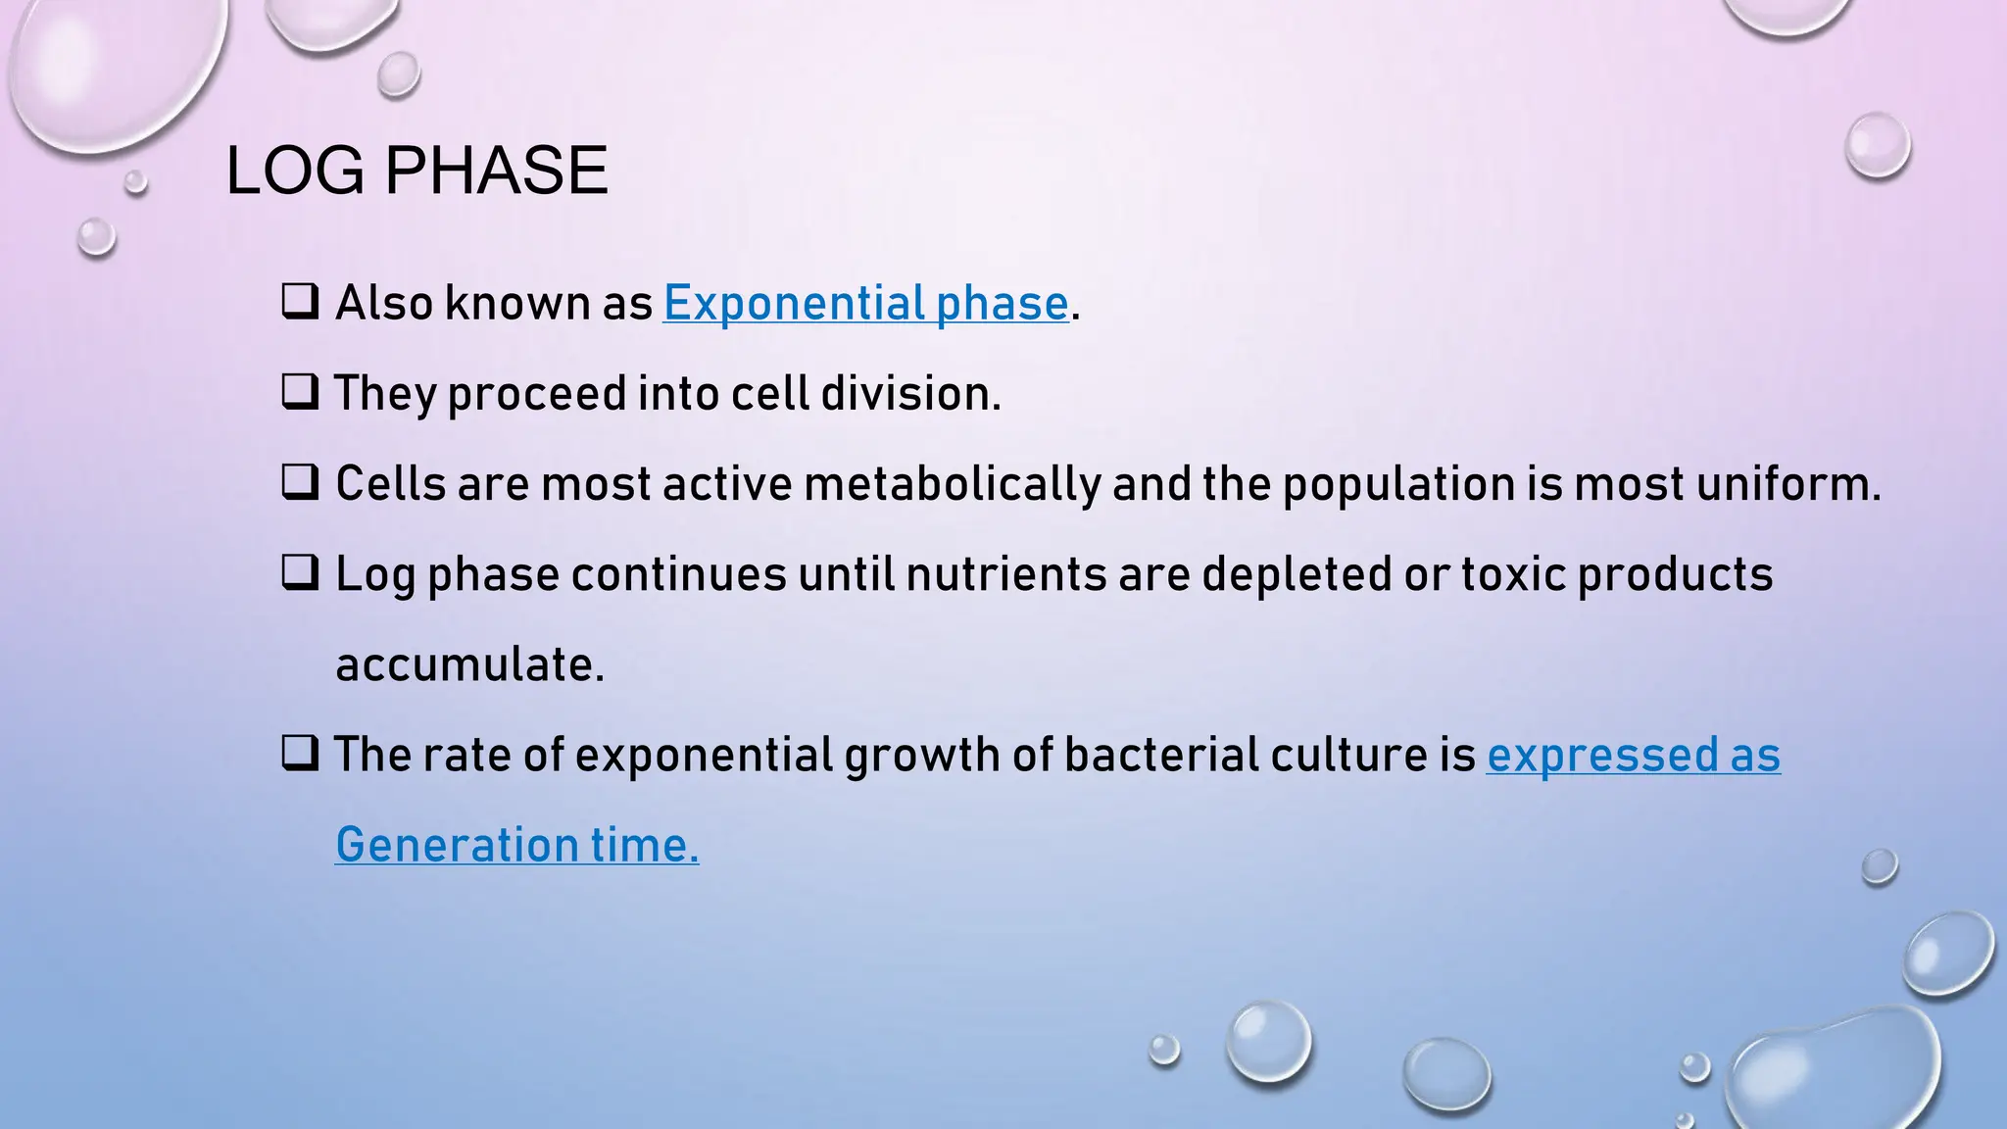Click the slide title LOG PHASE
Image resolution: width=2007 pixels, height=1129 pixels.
tap(416, 171)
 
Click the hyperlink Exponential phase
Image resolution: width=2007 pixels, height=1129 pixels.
tap(865, 303)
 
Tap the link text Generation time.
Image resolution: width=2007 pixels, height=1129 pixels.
tap(516, 845)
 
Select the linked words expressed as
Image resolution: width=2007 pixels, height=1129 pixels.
tap(1633, 755)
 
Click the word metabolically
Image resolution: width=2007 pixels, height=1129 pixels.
tap(953, 484)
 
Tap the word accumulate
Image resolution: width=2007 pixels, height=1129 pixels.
tap(469, 664)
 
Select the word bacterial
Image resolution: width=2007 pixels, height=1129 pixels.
tap(1161, 755)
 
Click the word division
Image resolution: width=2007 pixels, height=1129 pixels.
tap(910, 393)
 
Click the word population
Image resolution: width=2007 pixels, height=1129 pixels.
tap(1398, 484)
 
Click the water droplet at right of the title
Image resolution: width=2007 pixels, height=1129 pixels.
tap(1878, 146)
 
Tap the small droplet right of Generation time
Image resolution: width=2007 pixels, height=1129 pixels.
tap(1879, 866)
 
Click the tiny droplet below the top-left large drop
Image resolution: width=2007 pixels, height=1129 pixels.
tap(135, 181)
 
